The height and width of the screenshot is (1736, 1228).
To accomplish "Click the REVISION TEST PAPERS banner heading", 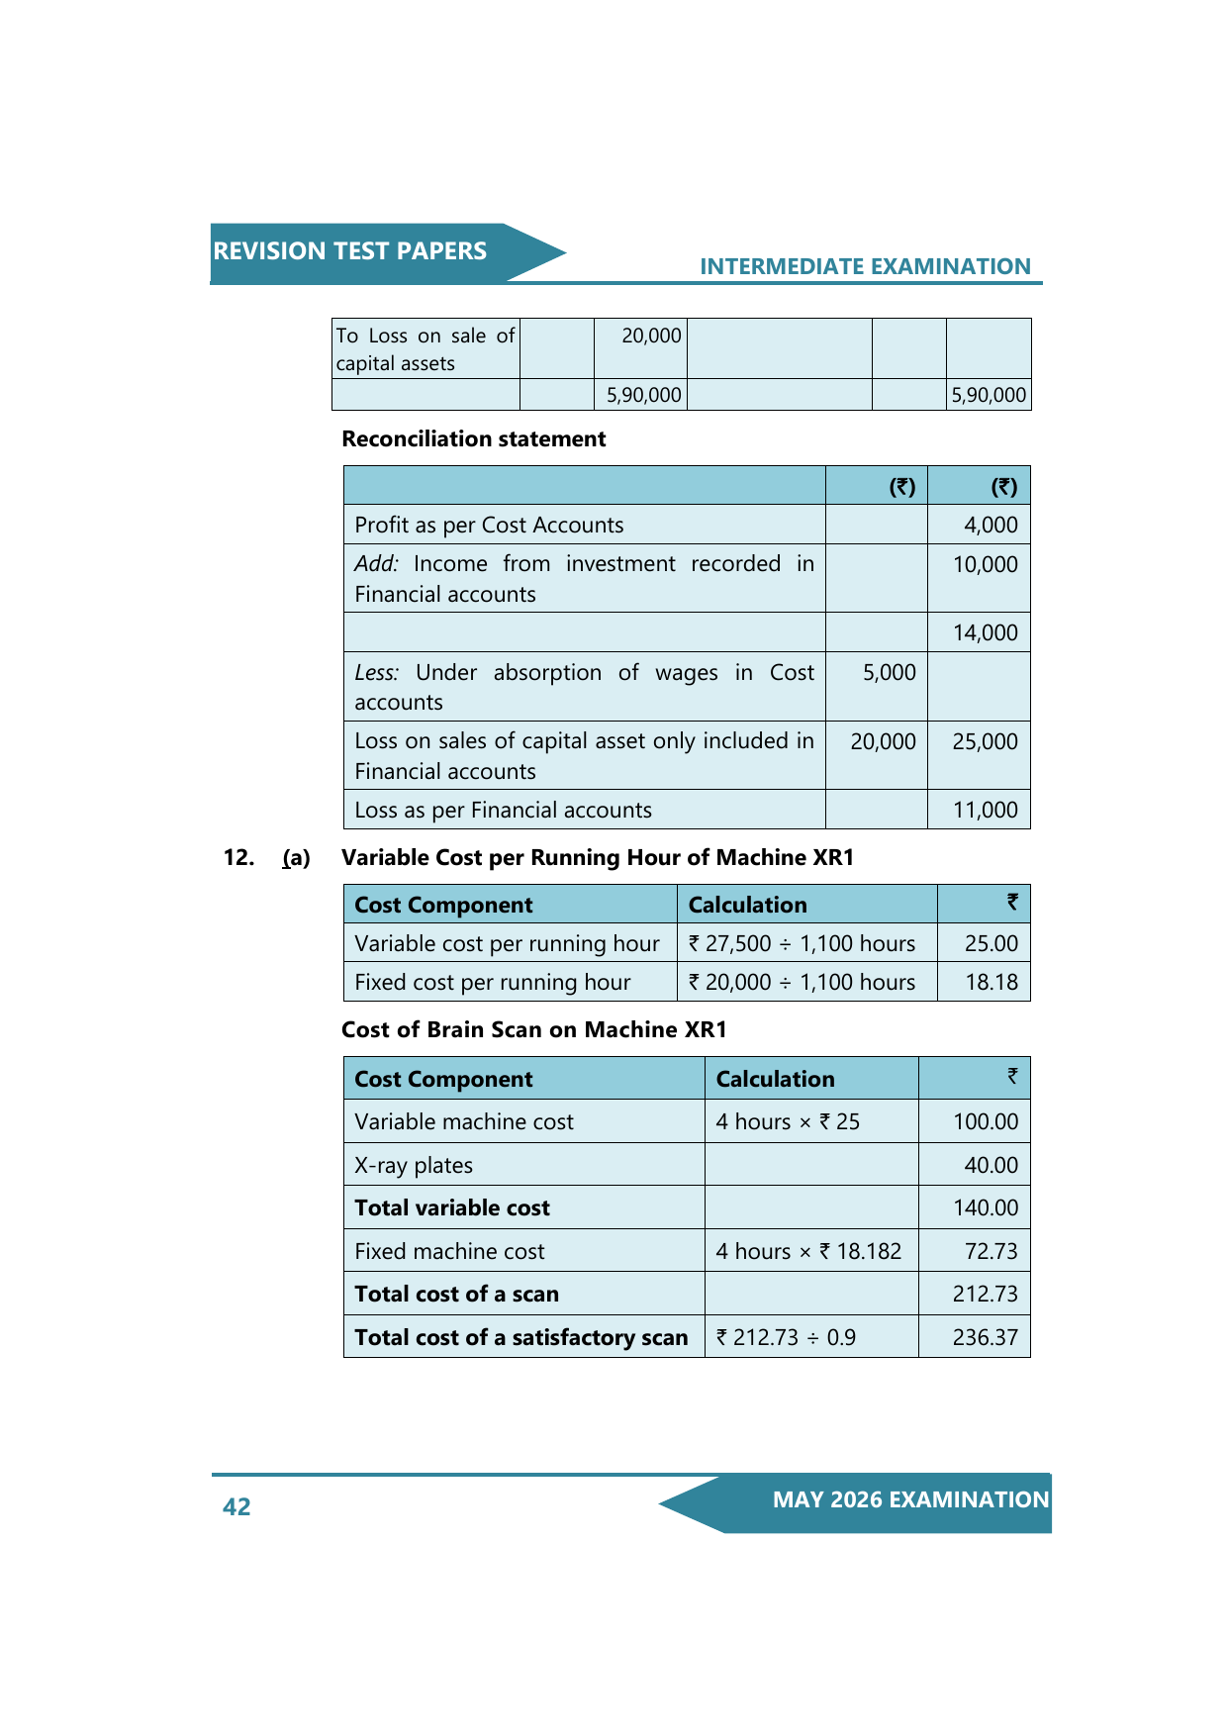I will (x=350, y=251).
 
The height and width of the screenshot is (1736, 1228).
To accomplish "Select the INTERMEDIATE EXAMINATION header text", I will (x=865, y=266).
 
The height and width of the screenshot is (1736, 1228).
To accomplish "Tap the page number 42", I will (x=236, y=1506).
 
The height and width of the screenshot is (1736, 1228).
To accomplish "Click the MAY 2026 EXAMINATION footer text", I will (x=910, y=1499).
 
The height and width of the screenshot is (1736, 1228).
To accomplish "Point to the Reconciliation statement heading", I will (x=473, y=438).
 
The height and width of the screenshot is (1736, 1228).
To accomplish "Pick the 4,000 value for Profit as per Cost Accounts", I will (x=991, y=525).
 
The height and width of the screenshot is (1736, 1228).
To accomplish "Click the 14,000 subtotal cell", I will (x=985, y=632).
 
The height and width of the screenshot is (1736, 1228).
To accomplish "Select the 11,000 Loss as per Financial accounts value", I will (x=985, y=810).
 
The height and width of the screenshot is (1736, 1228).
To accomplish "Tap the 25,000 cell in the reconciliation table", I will (x=985, y=741).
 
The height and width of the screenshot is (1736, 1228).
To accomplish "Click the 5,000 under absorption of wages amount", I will (x=889, y=672).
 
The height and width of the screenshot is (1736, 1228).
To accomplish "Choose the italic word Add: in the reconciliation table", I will (x=376, y=564).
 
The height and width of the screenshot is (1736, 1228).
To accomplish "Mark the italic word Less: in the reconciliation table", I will (x=376, y=673).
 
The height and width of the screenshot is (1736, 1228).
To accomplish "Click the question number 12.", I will (x=238, y=857).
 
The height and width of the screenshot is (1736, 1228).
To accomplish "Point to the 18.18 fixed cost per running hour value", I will (x=991, y=982).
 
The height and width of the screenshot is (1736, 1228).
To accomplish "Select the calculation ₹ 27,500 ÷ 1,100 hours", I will (x=802, y=943).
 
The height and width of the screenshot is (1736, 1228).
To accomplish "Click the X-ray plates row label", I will (x=414, y=1165).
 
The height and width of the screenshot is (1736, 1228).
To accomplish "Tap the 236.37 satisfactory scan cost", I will (x=985, y=1337).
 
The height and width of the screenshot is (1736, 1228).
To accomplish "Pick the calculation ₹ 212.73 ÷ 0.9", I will (x=786, y=1337).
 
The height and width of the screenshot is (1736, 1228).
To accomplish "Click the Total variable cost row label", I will (x=452, y=1207).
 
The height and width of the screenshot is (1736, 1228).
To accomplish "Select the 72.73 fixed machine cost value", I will (x=991, y=1251).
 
